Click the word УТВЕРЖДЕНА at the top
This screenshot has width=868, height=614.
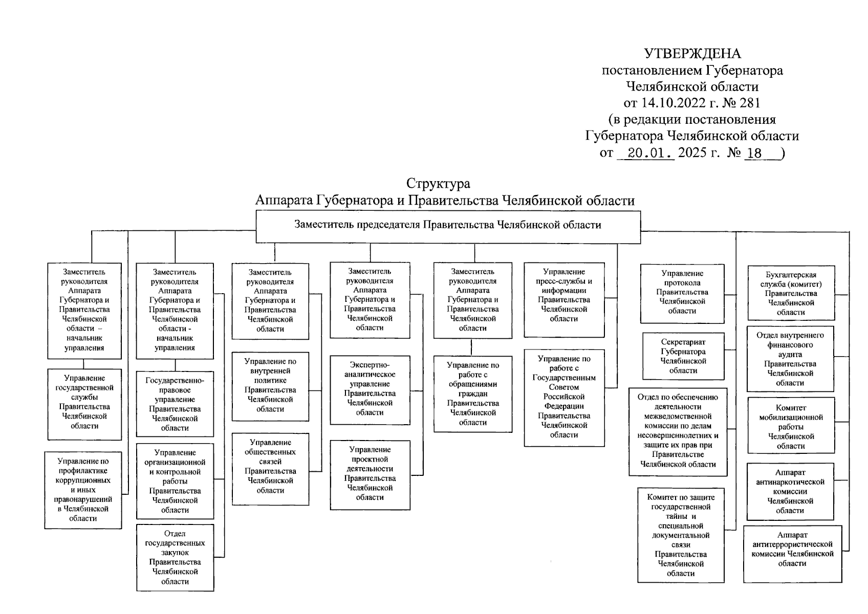coord(692,54)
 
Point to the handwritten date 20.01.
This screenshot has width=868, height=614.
coord(646,152)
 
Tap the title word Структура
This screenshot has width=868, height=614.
coord(438,183)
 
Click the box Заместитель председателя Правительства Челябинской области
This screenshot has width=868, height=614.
coord(447,227)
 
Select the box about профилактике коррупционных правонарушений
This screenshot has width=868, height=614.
coord(83,490)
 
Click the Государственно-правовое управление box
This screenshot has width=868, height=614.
coord(175,404)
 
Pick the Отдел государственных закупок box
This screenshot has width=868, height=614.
coord(175,557)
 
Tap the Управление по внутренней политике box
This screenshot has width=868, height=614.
coord(270,386)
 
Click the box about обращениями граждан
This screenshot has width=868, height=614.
coord(472,394)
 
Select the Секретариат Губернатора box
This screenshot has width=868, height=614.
coord(683,356)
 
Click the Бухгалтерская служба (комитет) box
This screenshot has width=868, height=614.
coord(791,293)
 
